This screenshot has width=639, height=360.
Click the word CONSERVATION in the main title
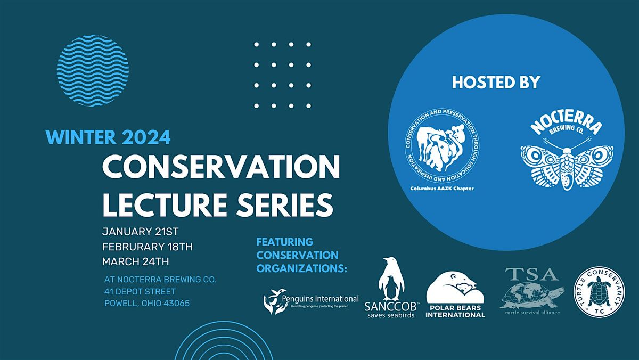(x=221, y=169)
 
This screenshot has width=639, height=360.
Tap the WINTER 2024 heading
(x=109, y=137)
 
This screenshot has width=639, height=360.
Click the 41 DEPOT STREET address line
(x=140, y=291)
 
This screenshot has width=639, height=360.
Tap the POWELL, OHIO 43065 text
(x=147, y=304)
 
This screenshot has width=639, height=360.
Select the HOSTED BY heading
(x=496, y=82)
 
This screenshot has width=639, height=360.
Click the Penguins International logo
(x=311, y=302)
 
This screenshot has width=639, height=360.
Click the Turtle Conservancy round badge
(x=598, y=293)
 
